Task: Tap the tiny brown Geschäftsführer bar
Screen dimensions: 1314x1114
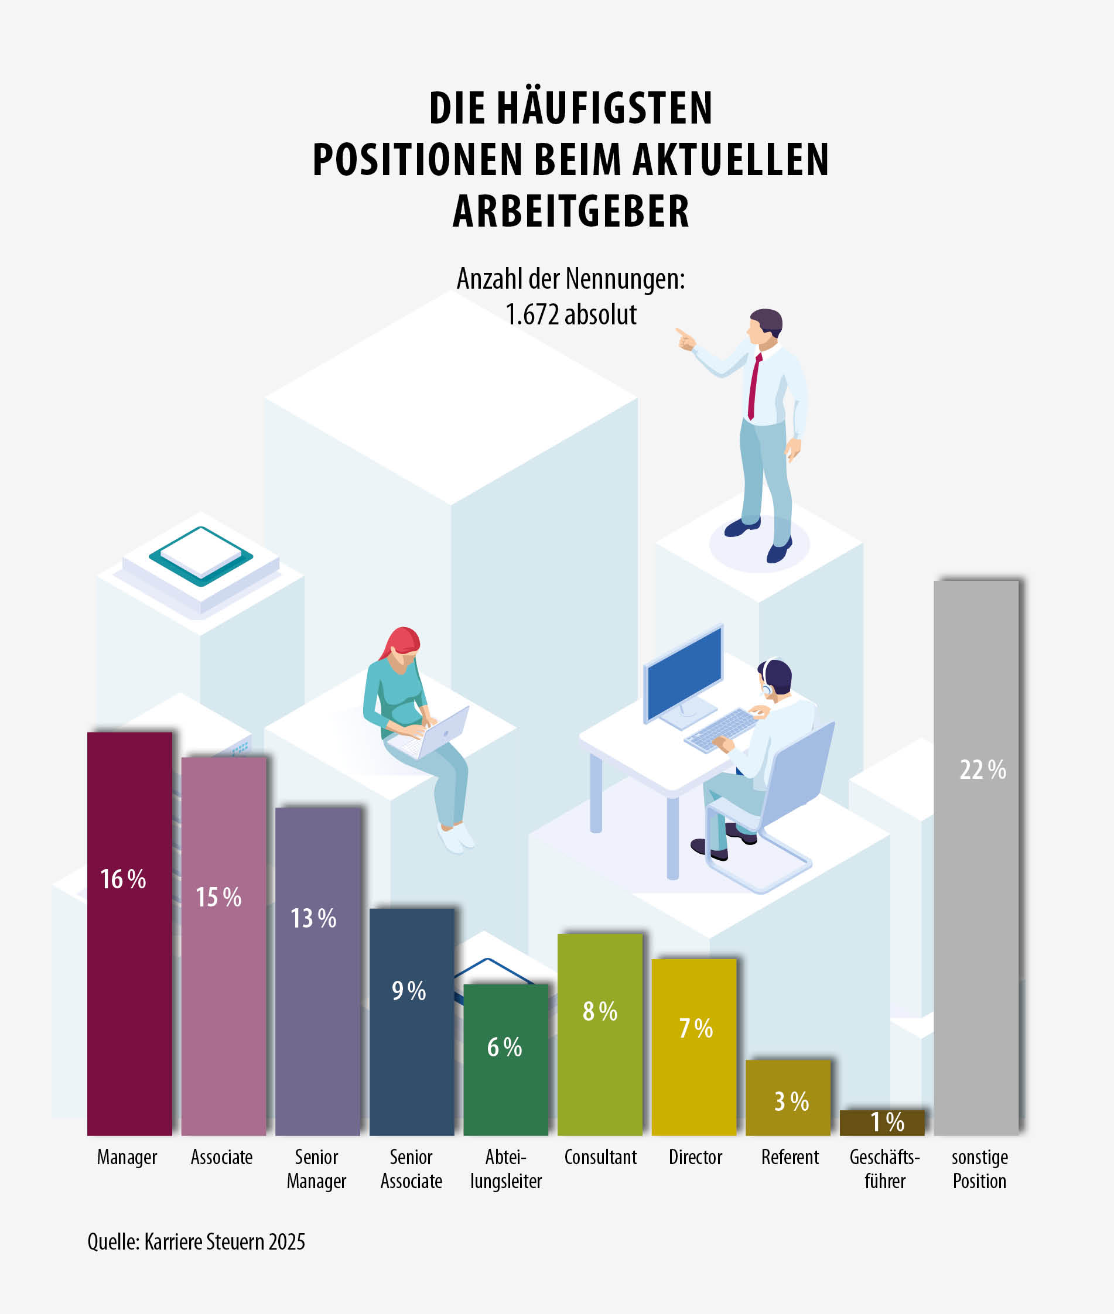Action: (x=881, y=1122)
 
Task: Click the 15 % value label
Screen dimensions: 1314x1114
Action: (x=218, y=897)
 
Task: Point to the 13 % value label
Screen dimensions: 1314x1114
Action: (x=313, y=918)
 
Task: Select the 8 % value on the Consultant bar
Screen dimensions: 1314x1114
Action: (x=600, y=1011)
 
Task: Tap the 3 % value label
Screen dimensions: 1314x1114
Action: (x=791, y=1102)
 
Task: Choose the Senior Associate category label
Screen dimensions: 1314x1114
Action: (x=411, y=1169)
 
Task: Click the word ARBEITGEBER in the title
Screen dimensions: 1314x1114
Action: (x=571, y=211)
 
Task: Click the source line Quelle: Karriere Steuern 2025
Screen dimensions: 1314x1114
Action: (x=196, y=1242)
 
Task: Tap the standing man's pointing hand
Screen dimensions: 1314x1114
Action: (x=685, y=340)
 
